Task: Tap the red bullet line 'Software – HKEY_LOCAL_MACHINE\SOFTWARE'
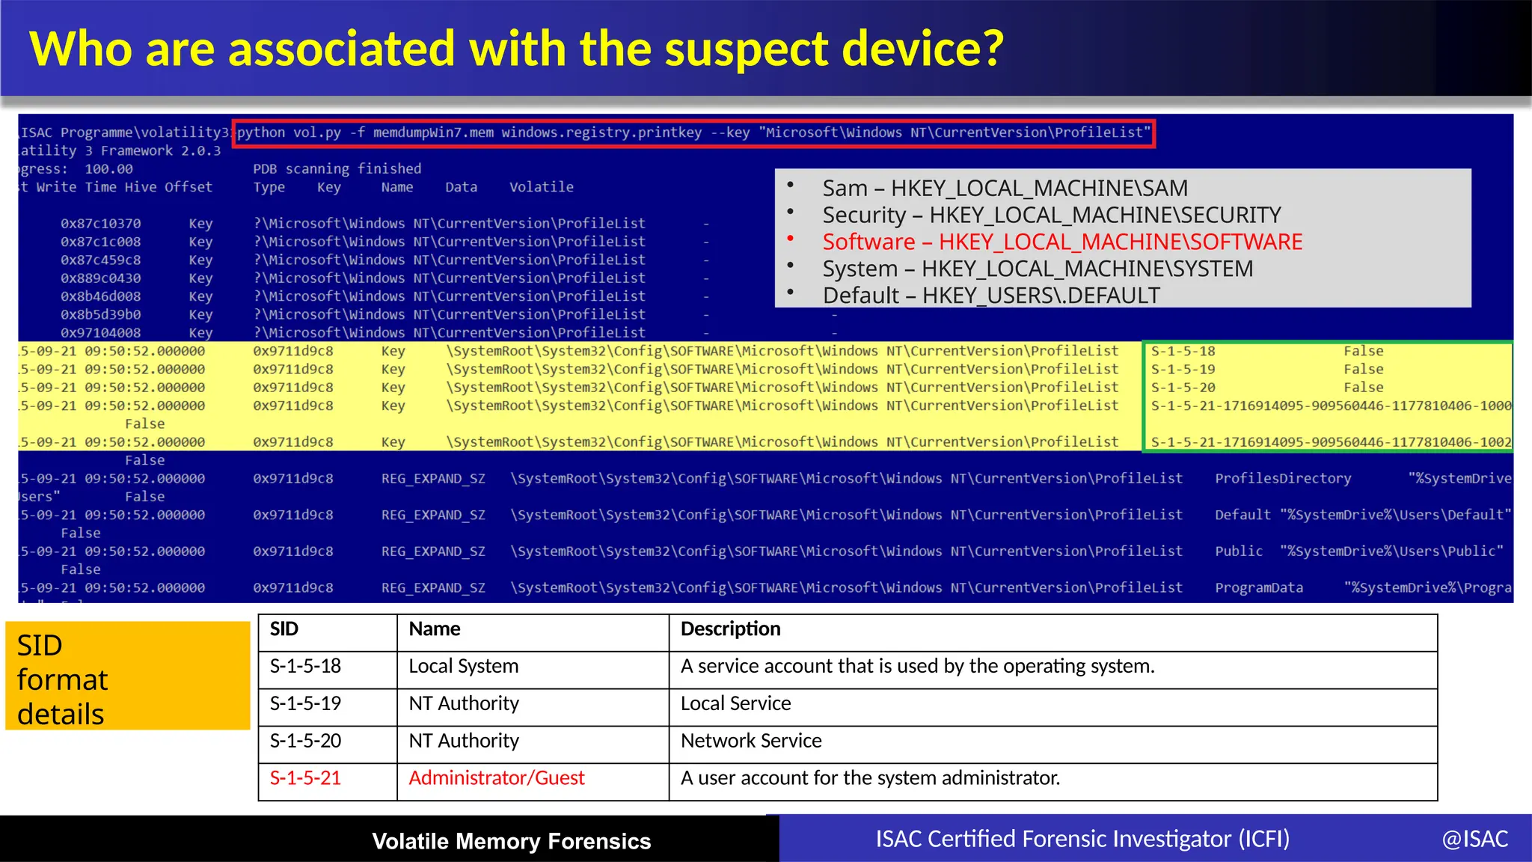[x=1062, y=242]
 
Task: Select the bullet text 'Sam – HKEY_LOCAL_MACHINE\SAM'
[x=1005, y=188]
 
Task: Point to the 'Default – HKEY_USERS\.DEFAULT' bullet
[x=991, y=296]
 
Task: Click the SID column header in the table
[x=284, y=629]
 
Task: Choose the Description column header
[x=730, y=629]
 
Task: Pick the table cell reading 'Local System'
[x=463, y=666]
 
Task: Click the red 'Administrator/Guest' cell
[x=497, y=778]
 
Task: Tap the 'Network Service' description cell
[x=751, y=741]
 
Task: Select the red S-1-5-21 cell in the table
[x=305, y=778]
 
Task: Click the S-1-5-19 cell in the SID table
[x=305, y=703]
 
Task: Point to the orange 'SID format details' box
[x=127, y=679]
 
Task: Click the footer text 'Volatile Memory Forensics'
[x=512, y=841]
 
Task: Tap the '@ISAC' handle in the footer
[x=1474, y=840]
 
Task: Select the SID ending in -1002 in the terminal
[x=1331, y=442]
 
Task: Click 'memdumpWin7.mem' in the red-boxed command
[x=433, y=132]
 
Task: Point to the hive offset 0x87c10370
[x=100, y=224]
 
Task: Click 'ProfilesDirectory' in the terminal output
[x=1283, y=479]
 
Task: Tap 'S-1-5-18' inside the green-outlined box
[x=1183, y=351]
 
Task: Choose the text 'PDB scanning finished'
[x=337, y=169]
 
